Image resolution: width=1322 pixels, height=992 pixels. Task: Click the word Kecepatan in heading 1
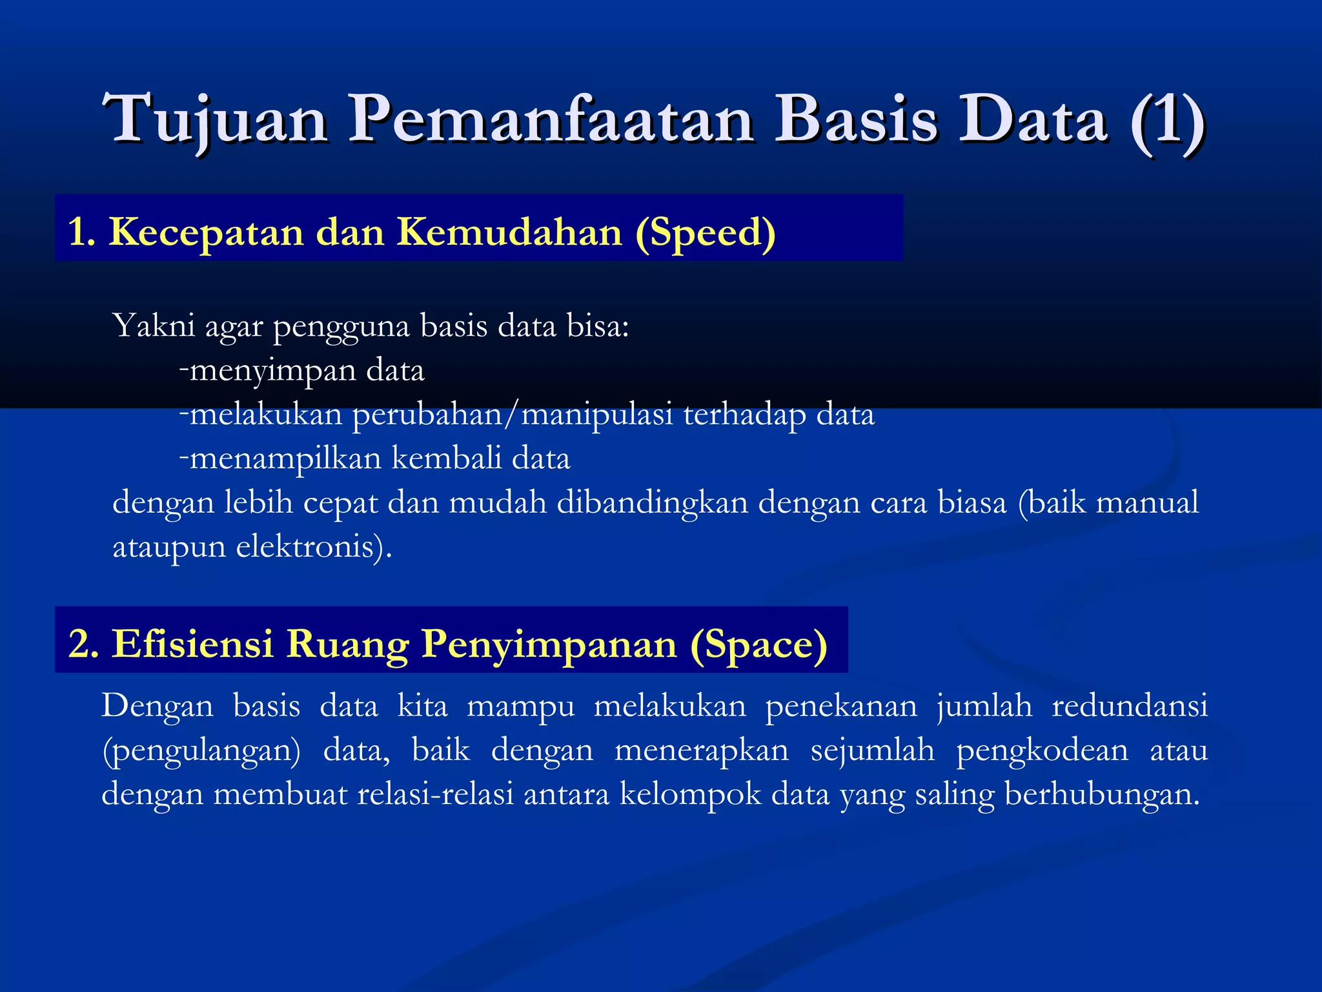(x=206, y=232)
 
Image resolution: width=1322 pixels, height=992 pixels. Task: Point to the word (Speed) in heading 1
(x=706, y=233)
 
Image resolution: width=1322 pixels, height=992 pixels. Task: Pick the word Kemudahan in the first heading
(x=509, y=232)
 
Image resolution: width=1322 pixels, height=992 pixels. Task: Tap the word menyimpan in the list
(x=273, y=371)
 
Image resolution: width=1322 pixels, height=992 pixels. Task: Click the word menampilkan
(x=285, y=459)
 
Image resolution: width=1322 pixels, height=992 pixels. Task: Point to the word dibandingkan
(x=652, y=502)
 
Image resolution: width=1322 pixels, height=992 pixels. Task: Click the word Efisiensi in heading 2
(x=192, y=644)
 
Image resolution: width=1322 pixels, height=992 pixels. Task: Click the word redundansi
(x=1130, y=705)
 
